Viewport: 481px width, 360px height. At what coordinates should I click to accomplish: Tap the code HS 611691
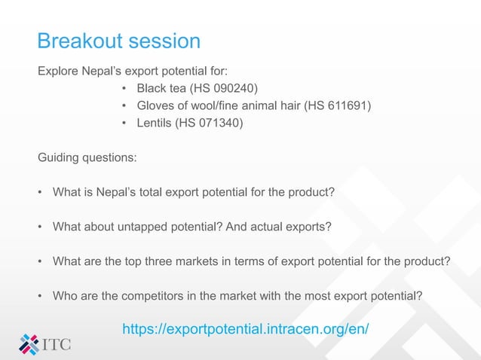tap(337, 105)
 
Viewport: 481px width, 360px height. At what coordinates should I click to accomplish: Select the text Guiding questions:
tap(87, 158)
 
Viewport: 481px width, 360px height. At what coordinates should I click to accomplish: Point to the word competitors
tap(147, 296)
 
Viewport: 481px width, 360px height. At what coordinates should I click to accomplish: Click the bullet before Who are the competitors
tap(41, 296)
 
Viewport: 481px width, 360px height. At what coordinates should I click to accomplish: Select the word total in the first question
tap(152, 191)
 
